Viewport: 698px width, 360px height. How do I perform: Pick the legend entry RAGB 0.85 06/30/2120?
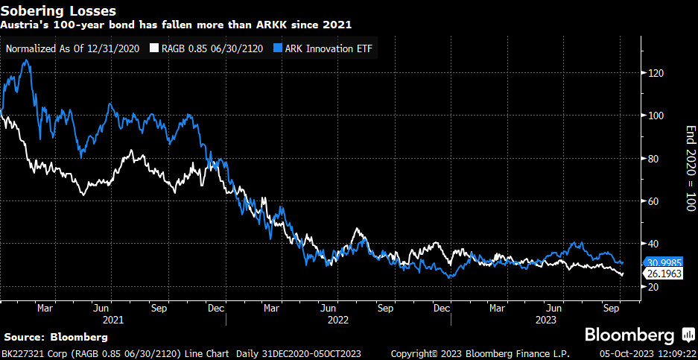pyautogui.click(x=207, y=49)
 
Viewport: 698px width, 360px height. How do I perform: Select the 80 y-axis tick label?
pyautogui.click(x=654, y=159)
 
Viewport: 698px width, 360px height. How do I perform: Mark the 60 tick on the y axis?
pyautogui.click(x=654, y=201)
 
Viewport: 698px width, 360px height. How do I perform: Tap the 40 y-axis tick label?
pyautogui.click(x=654, y=244)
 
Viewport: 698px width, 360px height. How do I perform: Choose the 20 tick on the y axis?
pyautogui.click(x=654, y=287)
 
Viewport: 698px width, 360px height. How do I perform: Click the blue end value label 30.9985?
pyautogui.click(x=663, y=262)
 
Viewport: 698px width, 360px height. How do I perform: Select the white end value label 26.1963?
pyautogui.click(x=663, y=274)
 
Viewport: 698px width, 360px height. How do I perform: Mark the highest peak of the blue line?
pyautogui.click(x=26, y=61)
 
